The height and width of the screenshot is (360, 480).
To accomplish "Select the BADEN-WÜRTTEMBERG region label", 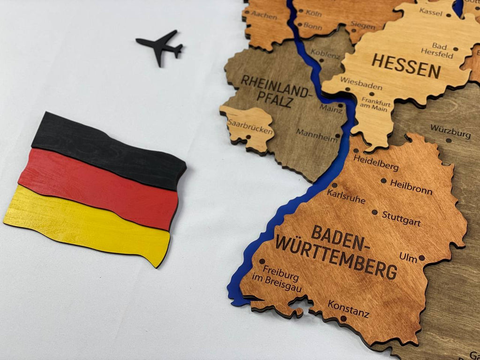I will (337, 252).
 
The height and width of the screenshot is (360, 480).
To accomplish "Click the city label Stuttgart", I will (401, 218).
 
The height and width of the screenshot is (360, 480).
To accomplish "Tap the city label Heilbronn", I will (411, 187).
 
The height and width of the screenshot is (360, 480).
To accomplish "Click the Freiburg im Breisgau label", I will (282, 279).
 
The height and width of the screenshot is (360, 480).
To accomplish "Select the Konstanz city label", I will (348, 309).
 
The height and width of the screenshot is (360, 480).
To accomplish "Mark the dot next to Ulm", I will (421, 257).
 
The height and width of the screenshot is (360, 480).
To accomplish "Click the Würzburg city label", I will (450, 131).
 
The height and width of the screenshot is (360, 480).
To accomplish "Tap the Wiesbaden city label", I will (361, 83).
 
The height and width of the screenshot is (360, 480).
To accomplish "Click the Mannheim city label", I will (316, 135).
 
